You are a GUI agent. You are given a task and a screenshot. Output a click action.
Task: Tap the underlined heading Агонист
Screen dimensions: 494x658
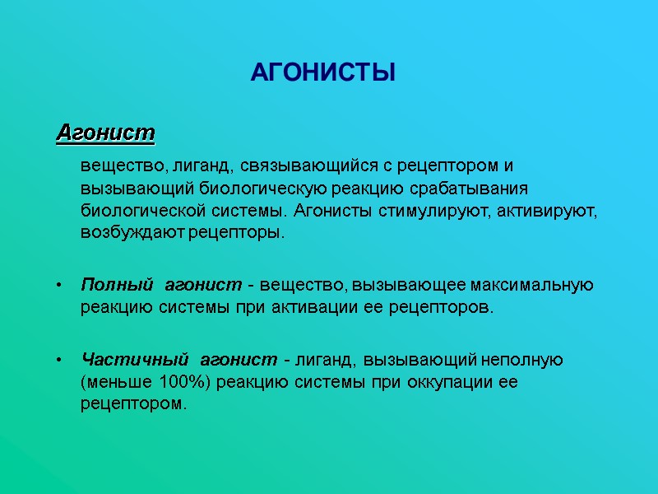(105, 132)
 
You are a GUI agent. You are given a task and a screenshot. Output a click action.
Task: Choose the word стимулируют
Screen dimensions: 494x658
(431, 210)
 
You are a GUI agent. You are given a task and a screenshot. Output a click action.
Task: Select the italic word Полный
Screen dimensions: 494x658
(117, 286)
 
